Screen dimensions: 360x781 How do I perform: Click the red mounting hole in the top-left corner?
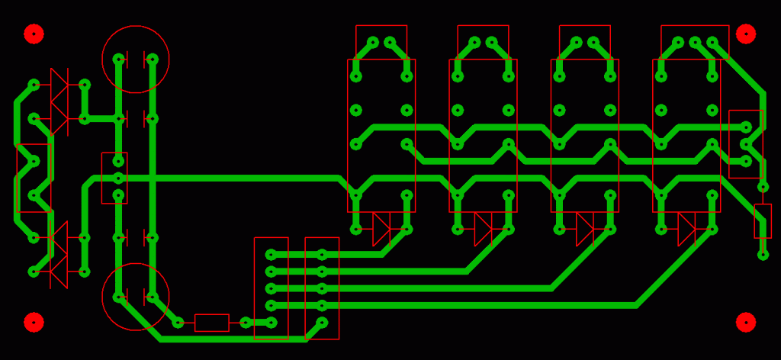click(34, 34)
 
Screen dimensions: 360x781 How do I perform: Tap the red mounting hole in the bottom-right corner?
click(746, 322)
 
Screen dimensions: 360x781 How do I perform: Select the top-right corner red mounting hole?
click(746, 34)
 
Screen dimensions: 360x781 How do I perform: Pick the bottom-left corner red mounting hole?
click(34, 322)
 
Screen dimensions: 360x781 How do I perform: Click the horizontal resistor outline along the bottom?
click(211, 323)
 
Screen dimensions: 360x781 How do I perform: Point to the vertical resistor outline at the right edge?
click(763, 221)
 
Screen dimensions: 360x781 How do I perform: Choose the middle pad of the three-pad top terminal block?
click(695, 42)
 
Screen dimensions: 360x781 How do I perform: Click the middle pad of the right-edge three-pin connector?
click(746, 144)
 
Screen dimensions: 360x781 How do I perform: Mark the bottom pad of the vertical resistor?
click(763, 255)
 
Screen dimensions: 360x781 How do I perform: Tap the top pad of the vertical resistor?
click(763, 187)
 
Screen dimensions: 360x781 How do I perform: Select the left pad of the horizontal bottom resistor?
click(178, 323)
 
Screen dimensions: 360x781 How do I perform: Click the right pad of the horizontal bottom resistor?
click(246, 323)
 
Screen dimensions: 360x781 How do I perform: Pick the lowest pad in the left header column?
click(271, 323)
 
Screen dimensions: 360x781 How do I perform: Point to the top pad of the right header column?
click(322, 255)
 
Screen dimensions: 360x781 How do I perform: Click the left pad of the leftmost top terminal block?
click(373, 42)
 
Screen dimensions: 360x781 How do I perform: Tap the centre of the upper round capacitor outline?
click(136, 59)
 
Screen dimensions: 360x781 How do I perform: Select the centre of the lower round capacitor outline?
click(136, 297)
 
